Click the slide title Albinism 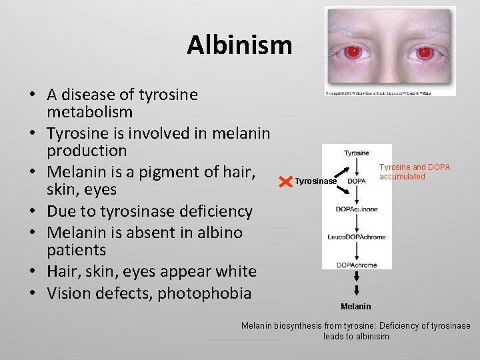[x=239, y=45]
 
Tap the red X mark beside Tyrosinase [x=285, y=181]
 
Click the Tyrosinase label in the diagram [x=316, y=181]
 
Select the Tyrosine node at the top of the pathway [x=357, y=153]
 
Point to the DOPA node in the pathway [x=357, y=181]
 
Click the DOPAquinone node [x=357, y=209]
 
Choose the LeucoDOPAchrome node [x=357, y=237]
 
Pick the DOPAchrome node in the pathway [x=357, y=265]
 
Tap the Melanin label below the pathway [x=356, y=306]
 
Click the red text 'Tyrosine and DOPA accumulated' [x=415, y=172]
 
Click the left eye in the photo [x=353, y=51]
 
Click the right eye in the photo [x=425, y=52]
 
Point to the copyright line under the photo [x=378, y=93]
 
